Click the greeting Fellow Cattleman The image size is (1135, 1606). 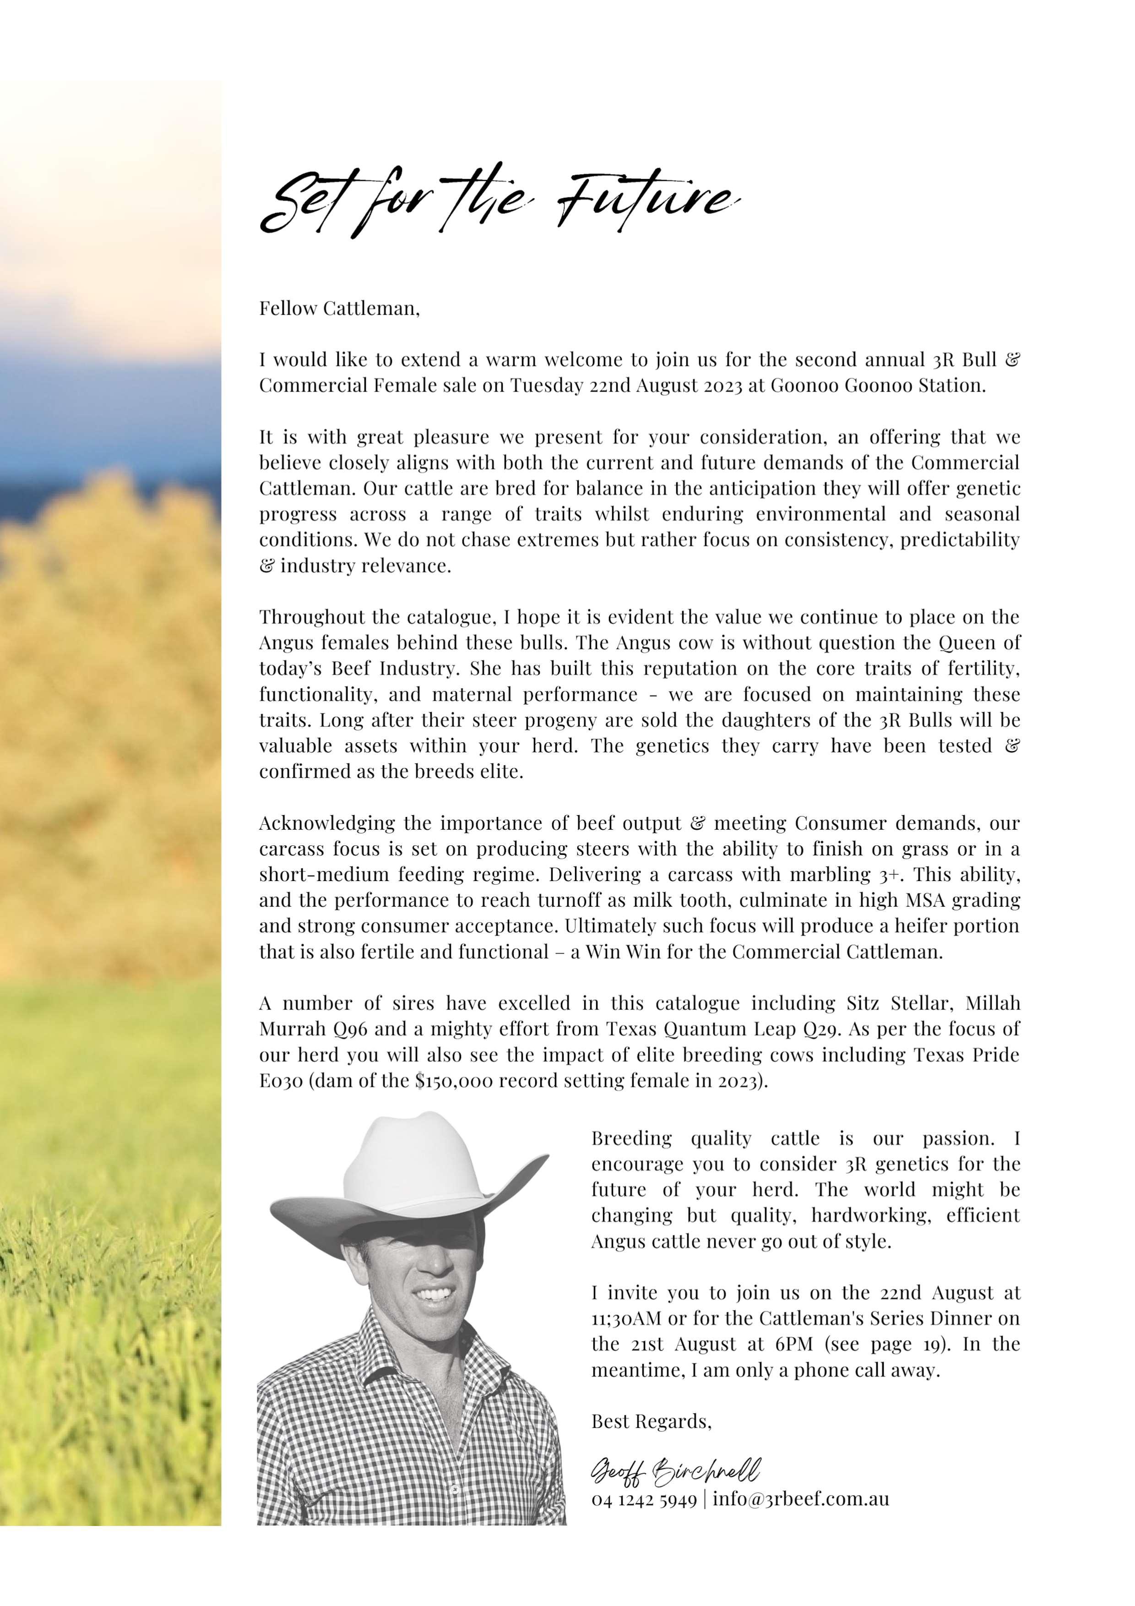pyautogui.click(x=339, y=309)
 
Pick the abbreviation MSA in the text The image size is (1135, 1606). pyautogui.click(x=924, y=900)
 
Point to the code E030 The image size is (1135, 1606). pyautogui.click(x=281, y=1081)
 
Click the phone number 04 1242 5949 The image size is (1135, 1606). pyautogui.click(x=643, y=1499)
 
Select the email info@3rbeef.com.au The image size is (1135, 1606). pyautogui.click(x=801, y=1499)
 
